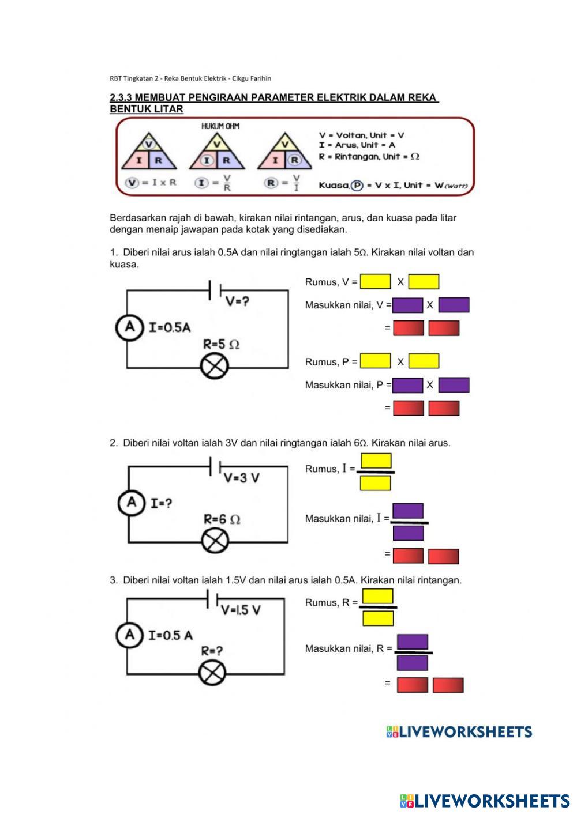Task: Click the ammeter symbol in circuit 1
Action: pos(129,327)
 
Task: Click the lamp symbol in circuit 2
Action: pos(215,541)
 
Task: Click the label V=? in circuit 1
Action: pos(237,301)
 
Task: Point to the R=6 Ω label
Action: pos(222,519)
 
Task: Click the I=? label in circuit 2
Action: pos(161,503)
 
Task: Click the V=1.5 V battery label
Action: pos(241,610)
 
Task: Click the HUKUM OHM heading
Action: pos(220,126)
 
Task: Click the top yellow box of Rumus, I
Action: pos(376,461)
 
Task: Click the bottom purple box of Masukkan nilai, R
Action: pos(413,663)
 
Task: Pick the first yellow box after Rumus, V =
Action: pos(375,282)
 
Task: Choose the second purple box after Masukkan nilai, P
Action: pos(454,385)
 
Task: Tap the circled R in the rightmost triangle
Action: pos(295,160)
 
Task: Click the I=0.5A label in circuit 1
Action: pos(169,327)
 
